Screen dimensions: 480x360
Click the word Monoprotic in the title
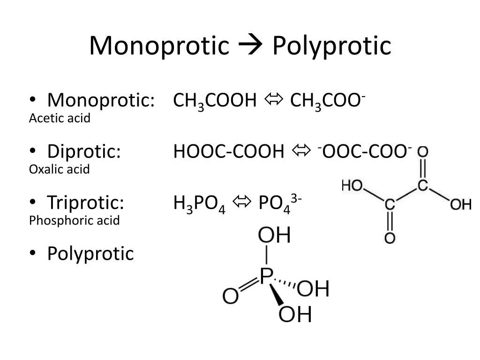[x=159, y=46]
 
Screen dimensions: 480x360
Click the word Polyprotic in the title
[x=332, y=46]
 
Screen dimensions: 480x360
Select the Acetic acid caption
[x=60, y=119]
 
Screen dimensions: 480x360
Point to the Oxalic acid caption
[x=59, y=169]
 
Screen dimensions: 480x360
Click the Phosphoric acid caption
[x=75, y=220]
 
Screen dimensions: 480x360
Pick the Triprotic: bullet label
[x=86, y=202]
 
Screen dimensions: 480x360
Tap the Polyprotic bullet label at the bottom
[x=90, y=254]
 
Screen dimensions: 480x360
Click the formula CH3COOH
[x=215, y=101]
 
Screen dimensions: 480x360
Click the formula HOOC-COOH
[x=229, y=151]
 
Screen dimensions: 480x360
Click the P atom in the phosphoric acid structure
[x=266, y=276]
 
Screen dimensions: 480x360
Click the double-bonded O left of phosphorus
[x=231, y=296]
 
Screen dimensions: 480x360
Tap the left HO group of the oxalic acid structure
[x=353, y=186]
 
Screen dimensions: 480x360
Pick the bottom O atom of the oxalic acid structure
[x=390, y=238]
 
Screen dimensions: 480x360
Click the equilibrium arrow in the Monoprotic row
[x=273, y=100]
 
